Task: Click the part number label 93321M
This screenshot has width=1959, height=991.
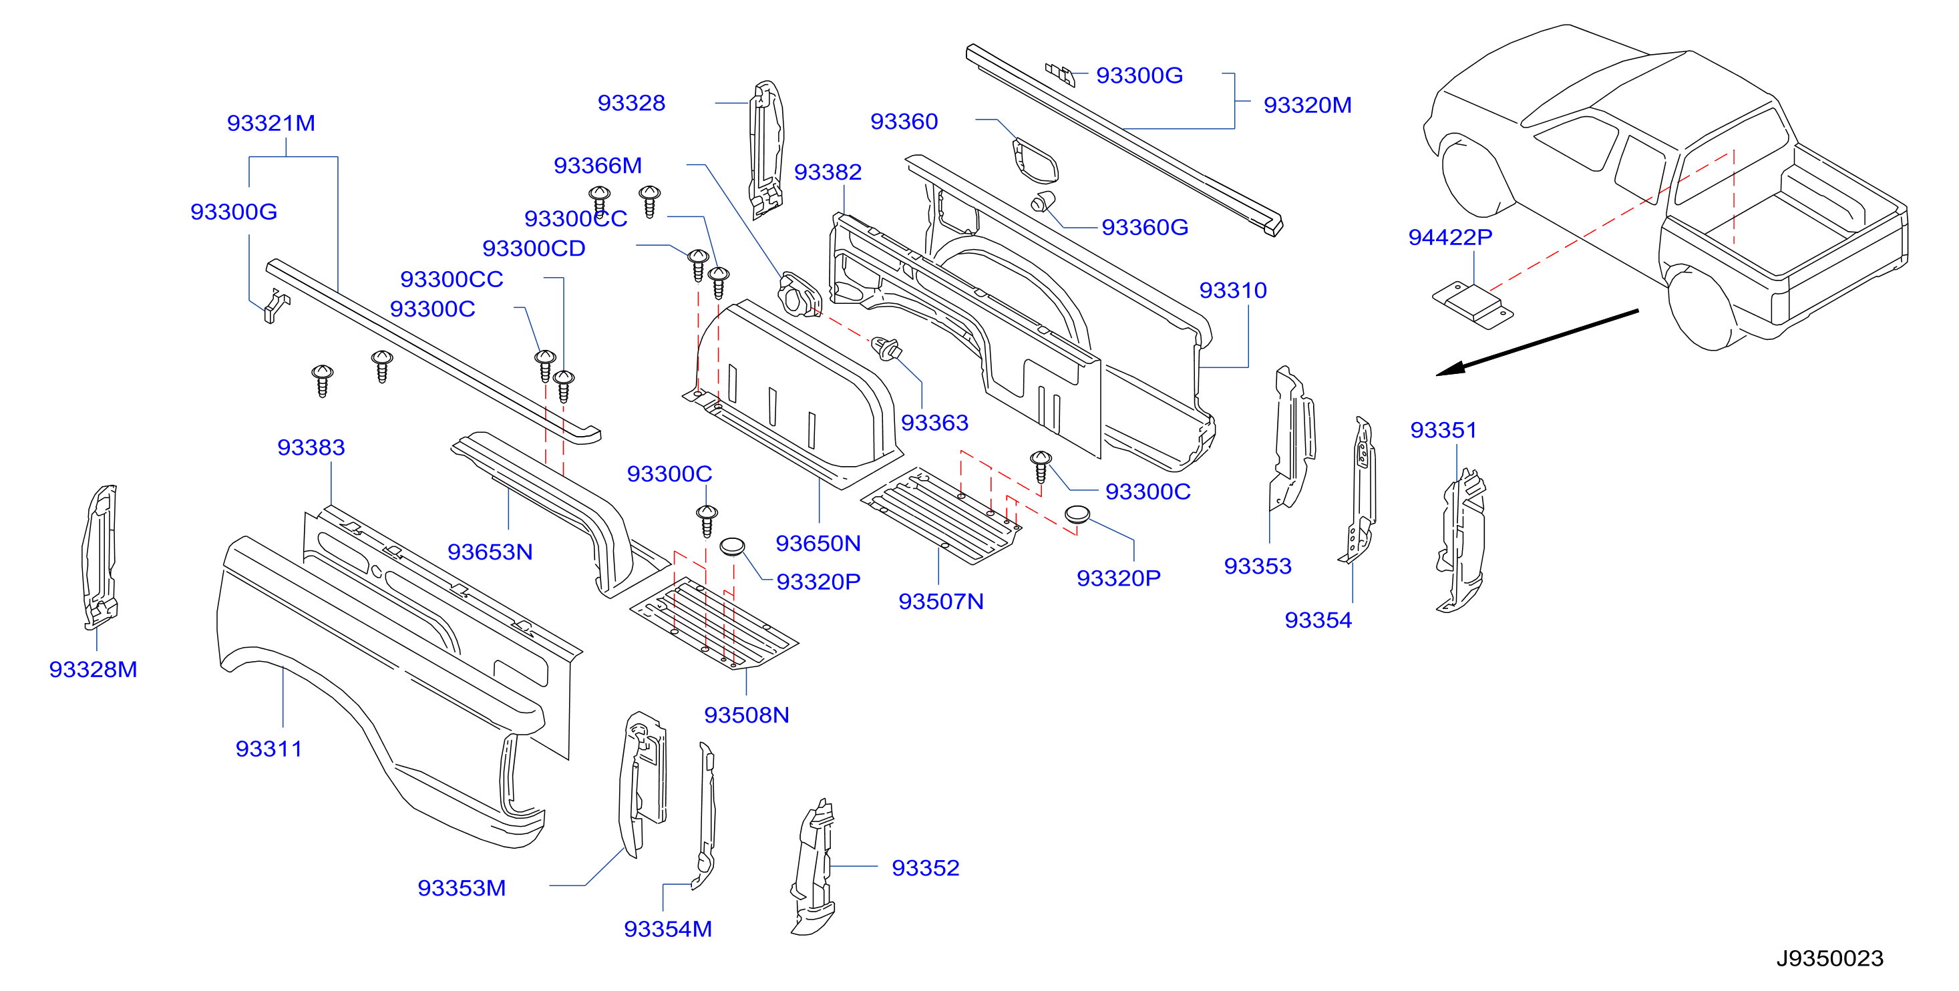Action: [x=271, y=124]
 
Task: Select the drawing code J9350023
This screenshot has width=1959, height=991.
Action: [x=1829, y=958]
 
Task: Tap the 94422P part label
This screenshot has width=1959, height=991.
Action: [x=1449, y=237]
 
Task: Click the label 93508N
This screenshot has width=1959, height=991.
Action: [x=746, y=715]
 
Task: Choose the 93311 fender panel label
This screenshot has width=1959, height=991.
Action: [x=269, y=749]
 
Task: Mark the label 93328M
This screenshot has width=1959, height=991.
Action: [x=93, y=669]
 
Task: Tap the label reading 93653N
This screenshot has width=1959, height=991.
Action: [x=490, y=552]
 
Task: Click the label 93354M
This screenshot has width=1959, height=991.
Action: [x=668, y=929]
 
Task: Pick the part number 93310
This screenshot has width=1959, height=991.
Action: [x=1233, y=290]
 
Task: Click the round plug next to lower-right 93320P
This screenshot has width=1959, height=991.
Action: [x=1077, y=514]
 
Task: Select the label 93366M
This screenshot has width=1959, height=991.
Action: [x=598, y=165]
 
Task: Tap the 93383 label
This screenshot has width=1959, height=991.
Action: [x=311, y=447]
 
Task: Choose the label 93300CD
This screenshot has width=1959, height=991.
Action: [x=534, y=248]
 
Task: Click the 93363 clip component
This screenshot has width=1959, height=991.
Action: [x=887, y=349]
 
